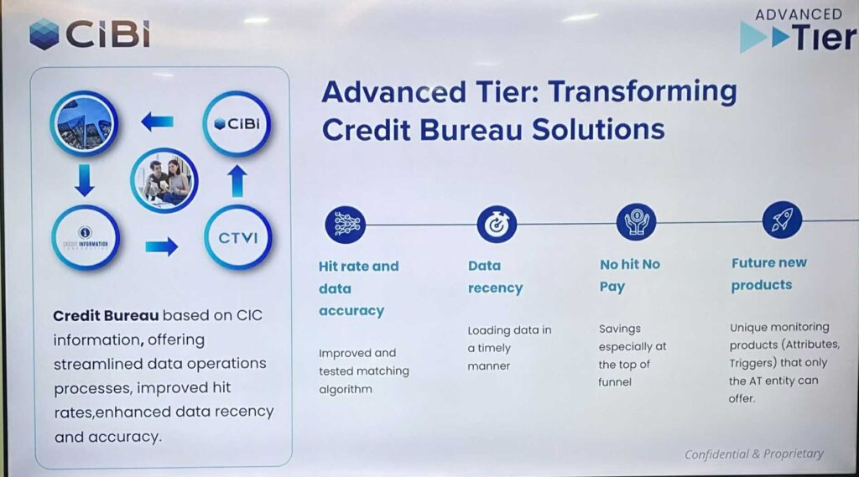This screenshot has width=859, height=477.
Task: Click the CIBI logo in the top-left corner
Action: coord(89,34)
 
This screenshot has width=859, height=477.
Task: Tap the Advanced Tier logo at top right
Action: coord(798,31)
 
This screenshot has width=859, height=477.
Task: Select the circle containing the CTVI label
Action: coord(237,238)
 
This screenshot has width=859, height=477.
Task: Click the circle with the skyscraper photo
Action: coord(84,124)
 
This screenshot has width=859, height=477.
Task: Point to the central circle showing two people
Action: coord(164,180)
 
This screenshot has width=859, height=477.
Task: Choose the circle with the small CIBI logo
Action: coord(237,124)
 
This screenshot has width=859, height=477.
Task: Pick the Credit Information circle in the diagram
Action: coord(86,238)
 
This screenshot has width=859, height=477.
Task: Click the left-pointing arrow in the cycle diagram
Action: coord(157,122)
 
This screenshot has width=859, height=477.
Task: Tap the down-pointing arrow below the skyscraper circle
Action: coord(85,181)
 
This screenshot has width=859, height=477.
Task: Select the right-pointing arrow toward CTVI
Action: coord(162,246)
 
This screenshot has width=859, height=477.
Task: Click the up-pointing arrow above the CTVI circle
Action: coord(237,181)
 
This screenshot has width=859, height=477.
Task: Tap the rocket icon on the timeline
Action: coord(782,220)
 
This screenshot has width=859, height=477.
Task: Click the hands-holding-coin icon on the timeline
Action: coord(636,222)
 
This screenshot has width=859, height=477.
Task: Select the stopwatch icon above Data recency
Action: coord(497,224)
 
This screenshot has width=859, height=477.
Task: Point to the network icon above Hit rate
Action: coord(345,225)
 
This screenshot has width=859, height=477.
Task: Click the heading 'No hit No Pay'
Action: coord(630,276)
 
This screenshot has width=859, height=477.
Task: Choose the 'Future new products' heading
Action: coord(768,274)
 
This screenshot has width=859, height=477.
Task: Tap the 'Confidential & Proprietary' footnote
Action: coord(754,454)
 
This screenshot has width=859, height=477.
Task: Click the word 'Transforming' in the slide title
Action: coord(643,91)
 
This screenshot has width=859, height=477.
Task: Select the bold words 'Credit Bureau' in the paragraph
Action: coord(106,315)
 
